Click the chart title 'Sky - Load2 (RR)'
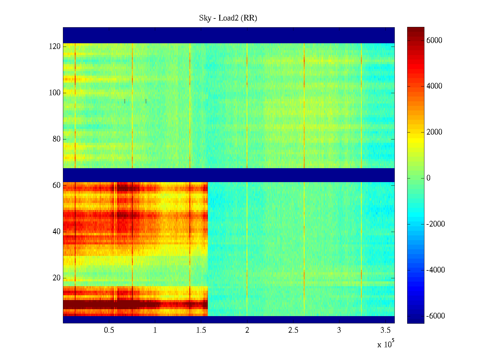(x=228, y=18)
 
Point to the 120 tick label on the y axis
(x=55, y=47)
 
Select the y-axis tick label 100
(x=55, y=93)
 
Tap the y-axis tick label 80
(x=57, y=139)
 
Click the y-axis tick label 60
(x=57, y=185)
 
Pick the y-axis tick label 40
(x=57, y=232)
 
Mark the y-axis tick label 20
(x=57, y=278)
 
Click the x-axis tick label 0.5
(x=109, y=330)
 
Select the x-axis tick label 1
(x=155, y=330)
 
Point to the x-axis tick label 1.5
(x=201, y=330)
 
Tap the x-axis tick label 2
(x=247, y=330)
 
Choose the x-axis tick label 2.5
(x=293, y=330)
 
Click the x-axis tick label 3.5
(x=385, y=330)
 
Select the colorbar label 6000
(x=434, y=41)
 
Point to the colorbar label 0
(x=428, y=178)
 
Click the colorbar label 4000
(x=434, y=86)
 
